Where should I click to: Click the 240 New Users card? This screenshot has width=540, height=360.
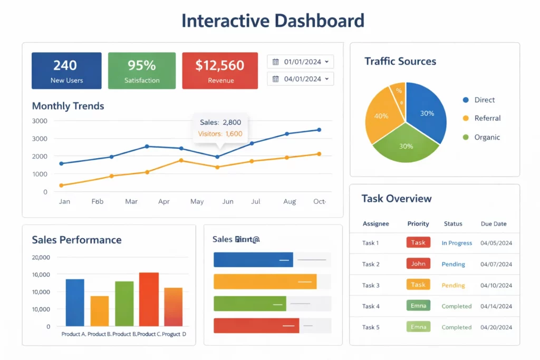(66, 71)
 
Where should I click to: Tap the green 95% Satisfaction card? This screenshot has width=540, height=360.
(142, 71)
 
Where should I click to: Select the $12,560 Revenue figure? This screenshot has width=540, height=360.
(220, 66)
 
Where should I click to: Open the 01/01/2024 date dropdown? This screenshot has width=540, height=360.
(300, 62)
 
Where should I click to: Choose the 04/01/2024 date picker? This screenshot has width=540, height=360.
(300, 79)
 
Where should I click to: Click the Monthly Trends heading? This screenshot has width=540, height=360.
(68, 106)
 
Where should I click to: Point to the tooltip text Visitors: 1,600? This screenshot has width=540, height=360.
(220, 134)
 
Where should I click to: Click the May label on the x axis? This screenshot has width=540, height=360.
(197, 201)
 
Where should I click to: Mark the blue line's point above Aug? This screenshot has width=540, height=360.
(287, 134)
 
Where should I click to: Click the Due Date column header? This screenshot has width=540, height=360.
(494, 223)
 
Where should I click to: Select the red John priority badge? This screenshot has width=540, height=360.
(418, 264)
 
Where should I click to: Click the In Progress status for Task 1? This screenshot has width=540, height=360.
(457, 243)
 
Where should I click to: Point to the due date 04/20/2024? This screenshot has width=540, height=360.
(496, 327)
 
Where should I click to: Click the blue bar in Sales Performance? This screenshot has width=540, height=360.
(75, 303)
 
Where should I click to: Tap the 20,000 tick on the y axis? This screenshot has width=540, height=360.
(41, 257)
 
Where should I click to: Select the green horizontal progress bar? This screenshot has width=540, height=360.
(249, 304)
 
